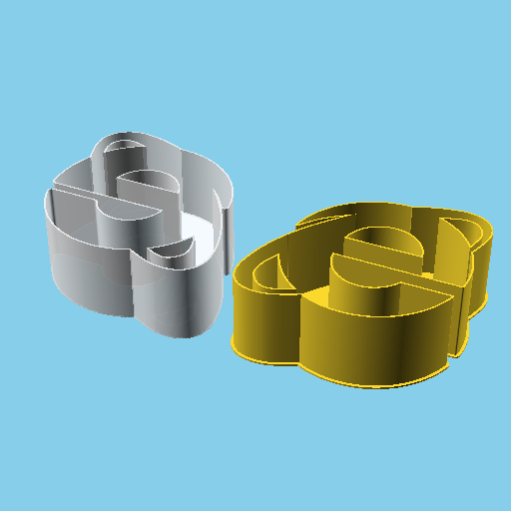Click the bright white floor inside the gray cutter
200,240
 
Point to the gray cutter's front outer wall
175,299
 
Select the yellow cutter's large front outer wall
369,339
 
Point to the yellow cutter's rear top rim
349,211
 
